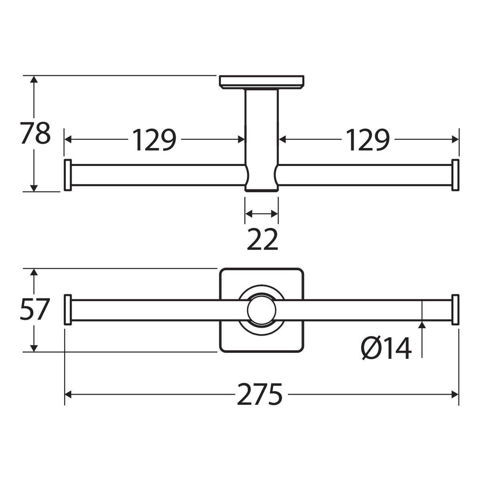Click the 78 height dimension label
click(35, 133)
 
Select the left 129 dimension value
click(154, 140)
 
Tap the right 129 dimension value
click(368, 140)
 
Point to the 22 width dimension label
click(262, 240)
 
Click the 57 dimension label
click(34, 310)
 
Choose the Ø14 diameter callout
click(386, 348)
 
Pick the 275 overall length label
click(260, 394)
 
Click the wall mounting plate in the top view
click(262, 82)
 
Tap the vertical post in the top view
click(262, 140)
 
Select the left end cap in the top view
click(68, 175)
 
